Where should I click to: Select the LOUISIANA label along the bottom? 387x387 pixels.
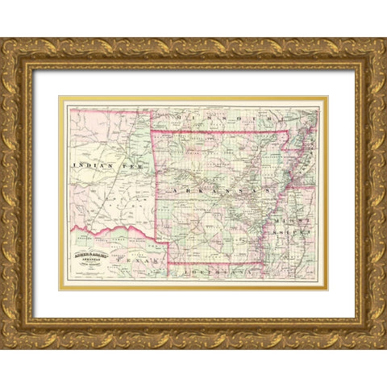[x=216, y=273]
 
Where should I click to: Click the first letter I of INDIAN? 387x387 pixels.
[x=75, y=164]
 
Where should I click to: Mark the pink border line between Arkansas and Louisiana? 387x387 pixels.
[x=214, y=264]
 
